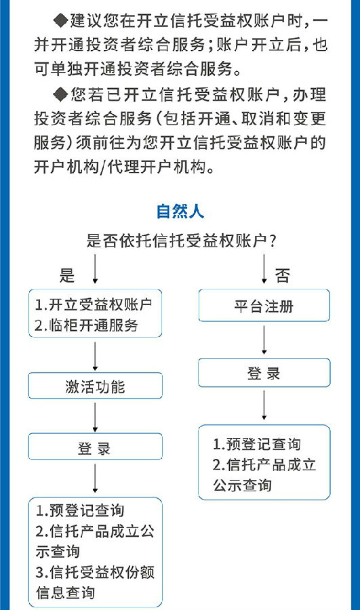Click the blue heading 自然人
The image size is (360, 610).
[x=180, y=211]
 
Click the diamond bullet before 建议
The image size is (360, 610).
[x=61, y=20]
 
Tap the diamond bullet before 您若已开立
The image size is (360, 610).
[x=61, y=94]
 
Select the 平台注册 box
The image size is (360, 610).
[x=264, y=306]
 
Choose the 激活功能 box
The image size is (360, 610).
[x=96, y=386]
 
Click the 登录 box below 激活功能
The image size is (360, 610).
[x=96, y=447]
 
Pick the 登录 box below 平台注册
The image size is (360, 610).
[x=264, y=373]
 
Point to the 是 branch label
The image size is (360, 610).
[x=67, y=275]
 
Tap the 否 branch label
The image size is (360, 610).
[x=283, y=276]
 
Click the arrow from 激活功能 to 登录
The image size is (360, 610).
[x=95, y=417]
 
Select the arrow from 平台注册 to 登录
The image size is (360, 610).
[x=264, y=340]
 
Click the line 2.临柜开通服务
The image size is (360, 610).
[x=86, y=325]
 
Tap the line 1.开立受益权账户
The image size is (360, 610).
[x=94, y=304]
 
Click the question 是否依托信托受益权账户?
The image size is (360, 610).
[x=182, y=241]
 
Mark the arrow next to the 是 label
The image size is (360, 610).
[x=95, y=269]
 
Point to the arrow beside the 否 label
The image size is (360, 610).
[x=264, y=269]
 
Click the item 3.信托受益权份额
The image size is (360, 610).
[x=96, y=572]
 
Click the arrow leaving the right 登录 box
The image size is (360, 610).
[x=264, y=405]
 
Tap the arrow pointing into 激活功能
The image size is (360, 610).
[x=95, y=356]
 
